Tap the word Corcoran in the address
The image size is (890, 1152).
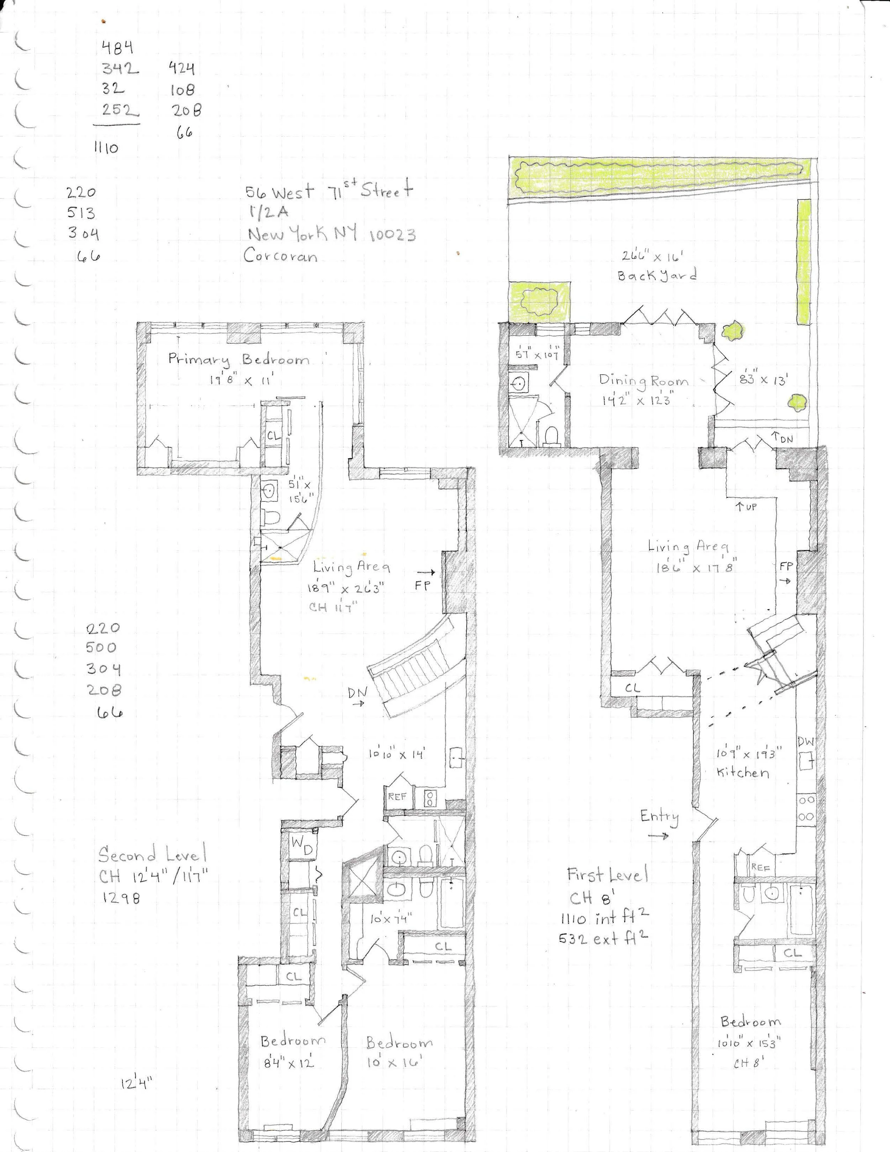click(281, 256)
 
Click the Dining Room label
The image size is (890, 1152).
click(643, 381)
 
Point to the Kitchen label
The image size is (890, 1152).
click(742, 773)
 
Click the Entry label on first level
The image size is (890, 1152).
click(659, 817)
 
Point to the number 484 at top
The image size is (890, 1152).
click(116, 48)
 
